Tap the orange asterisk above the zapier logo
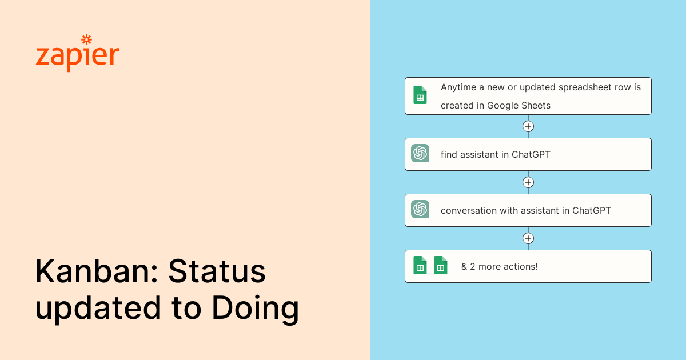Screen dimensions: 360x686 86,39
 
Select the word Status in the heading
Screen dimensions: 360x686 217,271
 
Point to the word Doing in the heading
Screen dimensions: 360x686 256,309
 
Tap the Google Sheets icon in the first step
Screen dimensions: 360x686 420,95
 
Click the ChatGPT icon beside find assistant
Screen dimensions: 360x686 420,153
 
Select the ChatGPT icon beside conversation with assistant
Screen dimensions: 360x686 420,209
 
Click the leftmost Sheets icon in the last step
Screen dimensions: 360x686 420,265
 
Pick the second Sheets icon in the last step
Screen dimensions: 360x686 441,265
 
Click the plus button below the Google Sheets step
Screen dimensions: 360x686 528,126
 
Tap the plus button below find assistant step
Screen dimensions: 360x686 528,182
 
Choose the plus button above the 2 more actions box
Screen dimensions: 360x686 528,238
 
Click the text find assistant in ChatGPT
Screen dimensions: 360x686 495,154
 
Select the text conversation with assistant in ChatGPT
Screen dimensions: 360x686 525,210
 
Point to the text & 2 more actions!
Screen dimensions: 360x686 499,266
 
